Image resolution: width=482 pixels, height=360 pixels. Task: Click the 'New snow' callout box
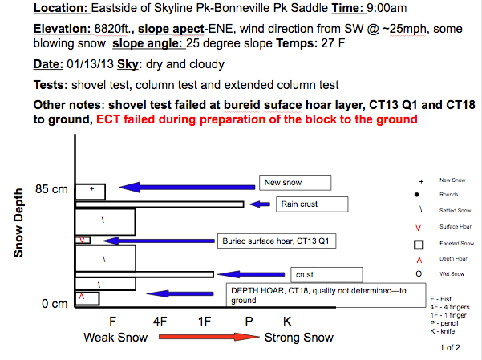pos(295,183)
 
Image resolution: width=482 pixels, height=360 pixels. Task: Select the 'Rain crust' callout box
pos(312,204)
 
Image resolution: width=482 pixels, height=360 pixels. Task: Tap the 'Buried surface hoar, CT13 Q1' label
pos(277,241)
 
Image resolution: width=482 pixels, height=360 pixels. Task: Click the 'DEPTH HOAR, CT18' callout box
pos(326,295)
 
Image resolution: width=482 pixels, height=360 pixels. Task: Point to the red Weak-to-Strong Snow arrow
pos(209,337)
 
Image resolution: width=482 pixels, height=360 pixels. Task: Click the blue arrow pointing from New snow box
pos(187,187)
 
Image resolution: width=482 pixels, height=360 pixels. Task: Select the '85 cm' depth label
pos(51,189)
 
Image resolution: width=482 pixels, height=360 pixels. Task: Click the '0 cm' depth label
pos(55,304)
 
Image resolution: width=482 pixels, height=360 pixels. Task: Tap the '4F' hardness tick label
pos(160,322)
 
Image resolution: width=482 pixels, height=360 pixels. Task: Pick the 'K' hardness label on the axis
pos(287,322)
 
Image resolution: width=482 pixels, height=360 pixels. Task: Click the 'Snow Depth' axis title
pos(18,223)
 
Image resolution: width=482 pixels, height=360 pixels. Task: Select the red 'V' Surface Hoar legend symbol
pos(418,228)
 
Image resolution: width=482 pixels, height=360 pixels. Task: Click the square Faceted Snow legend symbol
pos(419,245)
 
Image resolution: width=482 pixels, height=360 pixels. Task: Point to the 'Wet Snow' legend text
pos(452,274)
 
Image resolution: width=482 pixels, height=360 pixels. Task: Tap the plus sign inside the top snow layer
pos(91,188)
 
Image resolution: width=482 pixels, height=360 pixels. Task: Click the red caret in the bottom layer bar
pos(82,297)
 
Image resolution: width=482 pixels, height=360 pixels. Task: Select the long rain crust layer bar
pos(160,204)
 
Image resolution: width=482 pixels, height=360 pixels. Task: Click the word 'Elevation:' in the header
pos(62,29)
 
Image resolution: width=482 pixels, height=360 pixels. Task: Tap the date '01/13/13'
pos(90,64)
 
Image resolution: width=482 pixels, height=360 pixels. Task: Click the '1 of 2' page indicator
pos(450,348)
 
